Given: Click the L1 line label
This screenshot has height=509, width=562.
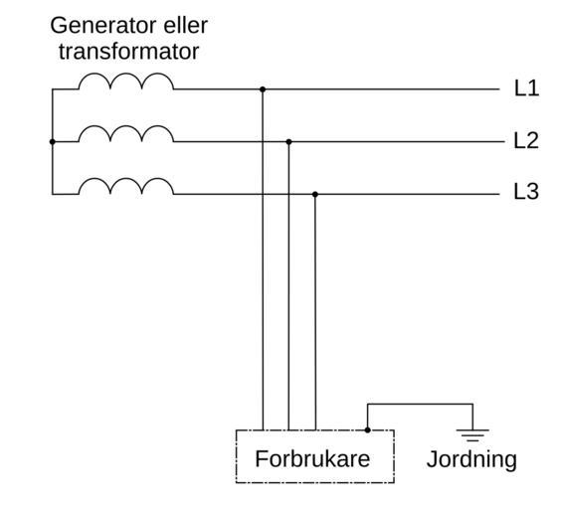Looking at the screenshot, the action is (526, 88).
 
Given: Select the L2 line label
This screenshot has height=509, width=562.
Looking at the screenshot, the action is (526, 140).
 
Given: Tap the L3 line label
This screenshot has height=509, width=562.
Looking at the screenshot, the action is (526, 191).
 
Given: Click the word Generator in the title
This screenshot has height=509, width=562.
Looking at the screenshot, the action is (103, 26).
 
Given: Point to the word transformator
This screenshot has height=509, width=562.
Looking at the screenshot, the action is (128, 52).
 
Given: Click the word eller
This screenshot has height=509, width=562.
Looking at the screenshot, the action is (185, 26).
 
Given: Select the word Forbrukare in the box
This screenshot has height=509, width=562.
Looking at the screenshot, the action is (312, 459).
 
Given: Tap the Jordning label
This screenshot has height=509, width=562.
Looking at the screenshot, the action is (471, 459).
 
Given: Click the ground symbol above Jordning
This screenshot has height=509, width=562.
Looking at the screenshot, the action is (472, 434).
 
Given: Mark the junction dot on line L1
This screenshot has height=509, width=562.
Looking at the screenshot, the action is (263, 89).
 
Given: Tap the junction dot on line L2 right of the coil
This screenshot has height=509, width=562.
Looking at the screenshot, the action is (288, 142).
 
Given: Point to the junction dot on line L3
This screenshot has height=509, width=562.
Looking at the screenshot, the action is (315, 194).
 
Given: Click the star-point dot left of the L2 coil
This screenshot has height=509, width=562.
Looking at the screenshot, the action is (53, 142).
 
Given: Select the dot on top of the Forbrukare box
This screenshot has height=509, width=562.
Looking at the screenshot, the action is (367, 429).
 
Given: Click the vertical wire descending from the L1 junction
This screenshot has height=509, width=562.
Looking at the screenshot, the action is (263, 259).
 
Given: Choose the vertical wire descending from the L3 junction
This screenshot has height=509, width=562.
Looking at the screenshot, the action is (315, 312).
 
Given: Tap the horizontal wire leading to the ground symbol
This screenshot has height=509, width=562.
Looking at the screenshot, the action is (420, 404).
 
